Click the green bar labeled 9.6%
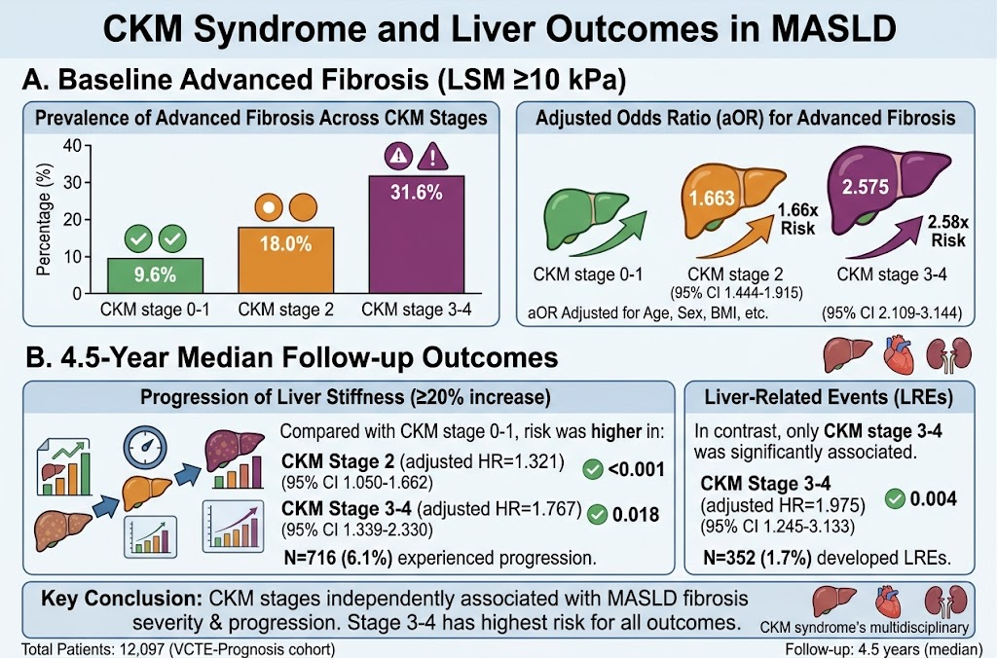155,275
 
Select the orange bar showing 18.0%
286,260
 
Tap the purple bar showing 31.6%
417,235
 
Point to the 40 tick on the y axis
72,146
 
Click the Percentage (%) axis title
43,219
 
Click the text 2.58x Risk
948,232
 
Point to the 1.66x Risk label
798,219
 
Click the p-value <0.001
637,470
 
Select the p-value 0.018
636,514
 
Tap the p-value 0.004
934,498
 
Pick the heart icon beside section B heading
899,354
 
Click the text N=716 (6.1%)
338,558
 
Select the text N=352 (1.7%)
757,558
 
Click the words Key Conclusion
122,599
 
